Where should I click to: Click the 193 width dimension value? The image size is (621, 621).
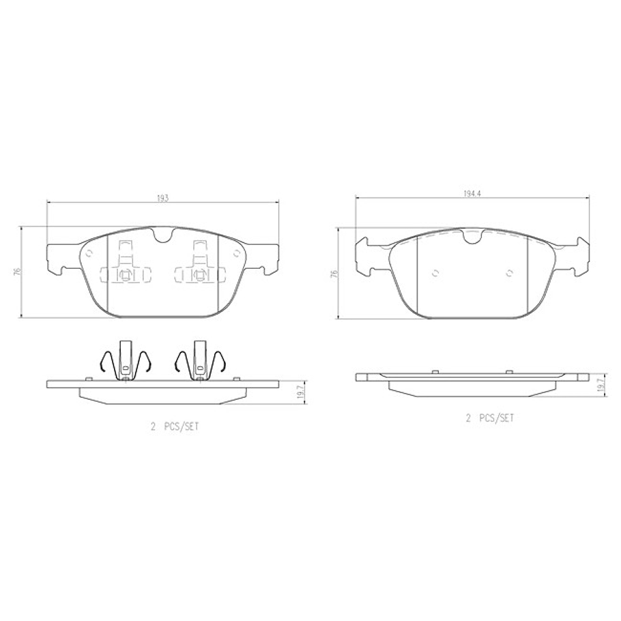click(x=162, y=198)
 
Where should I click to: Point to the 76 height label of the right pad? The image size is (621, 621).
click(x=334, y=273)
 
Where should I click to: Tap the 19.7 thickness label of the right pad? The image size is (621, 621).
click(x=599, y=386)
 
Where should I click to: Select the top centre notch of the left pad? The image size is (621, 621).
click(x=162, y=236)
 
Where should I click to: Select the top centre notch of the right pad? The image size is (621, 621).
click(x=472, y=237)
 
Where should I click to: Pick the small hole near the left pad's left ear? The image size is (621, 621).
click(x=89, y=252)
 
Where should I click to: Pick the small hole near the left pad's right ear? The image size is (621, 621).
click(x=236, y=252)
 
